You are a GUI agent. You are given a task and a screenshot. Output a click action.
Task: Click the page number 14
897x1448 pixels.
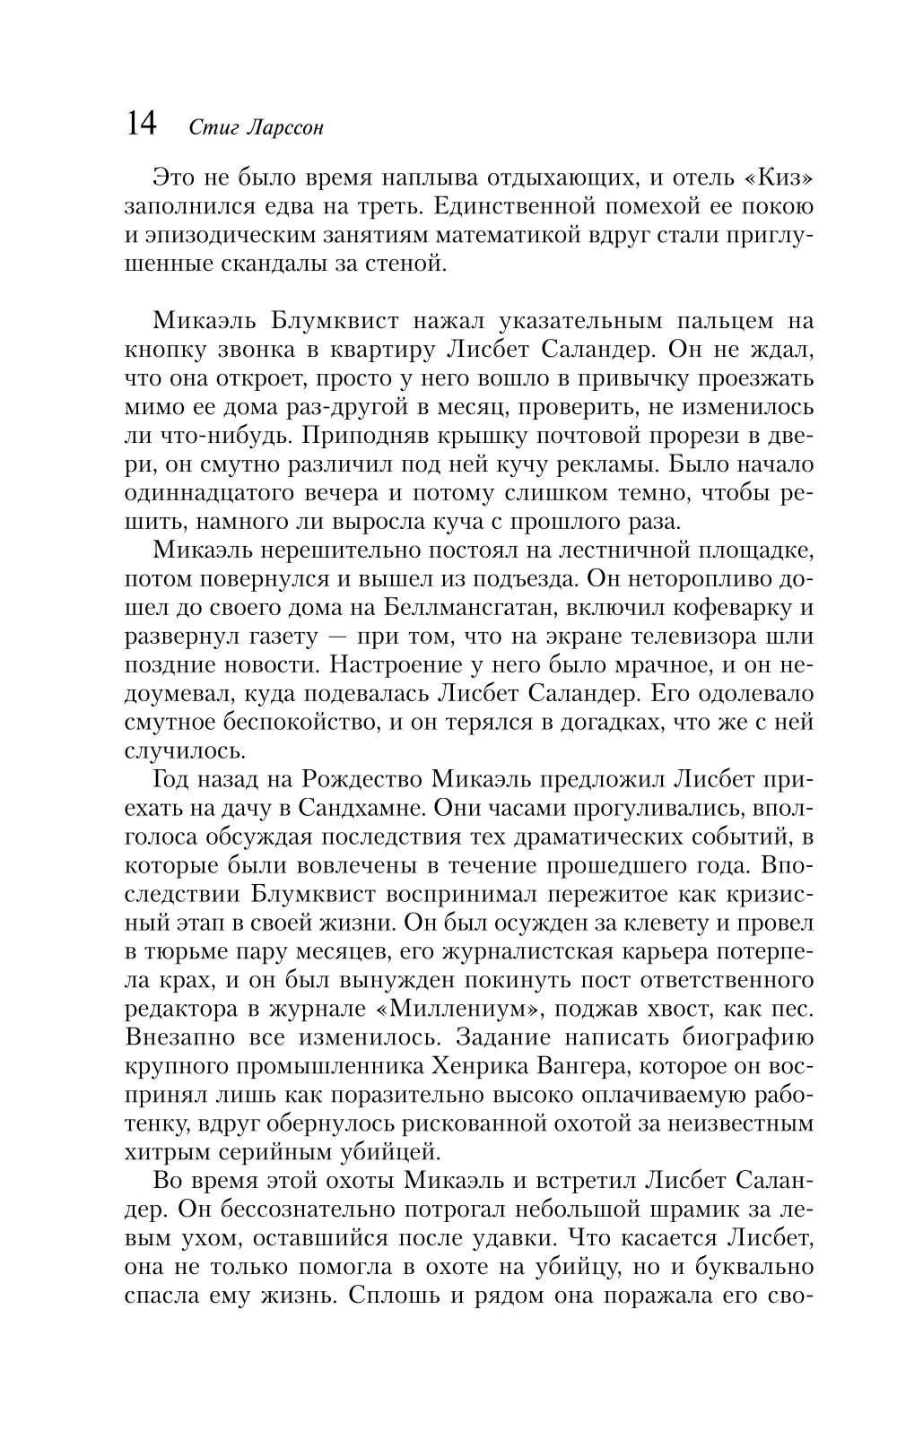pos(143,124)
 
